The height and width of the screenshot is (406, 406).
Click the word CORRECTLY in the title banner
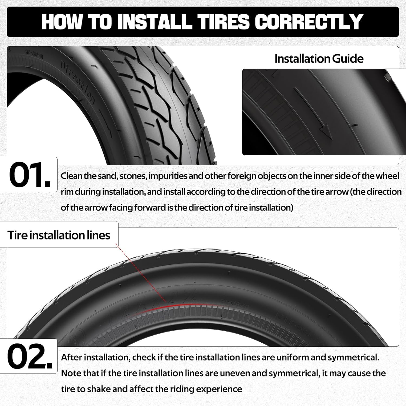(x=309, y=22)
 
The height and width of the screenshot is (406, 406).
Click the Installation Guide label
(x=319, y=59)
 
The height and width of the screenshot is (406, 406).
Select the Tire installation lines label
(x=59, y=235)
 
